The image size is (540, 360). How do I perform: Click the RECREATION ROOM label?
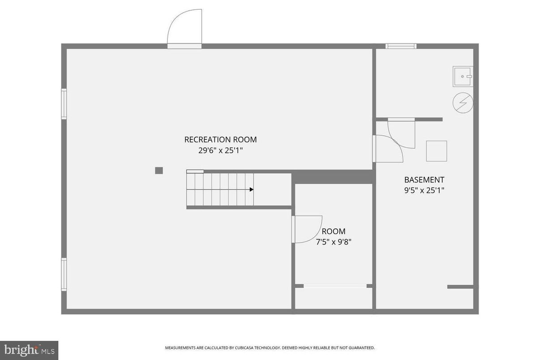tap(220, 140)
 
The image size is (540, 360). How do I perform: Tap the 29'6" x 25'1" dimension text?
tap(220, 150)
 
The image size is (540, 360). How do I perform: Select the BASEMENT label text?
tap(424, 180)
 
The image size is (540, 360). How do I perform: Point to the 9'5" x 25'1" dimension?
tap(424, 190)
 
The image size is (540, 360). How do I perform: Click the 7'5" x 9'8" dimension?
tap(334, 242)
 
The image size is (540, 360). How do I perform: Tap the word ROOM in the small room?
tap(334, 231)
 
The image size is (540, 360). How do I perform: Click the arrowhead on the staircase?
tap(251, 189)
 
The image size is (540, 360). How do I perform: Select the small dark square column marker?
tap(159, 170)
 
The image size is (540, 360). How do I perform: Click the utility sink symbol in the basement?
tap(463, 76)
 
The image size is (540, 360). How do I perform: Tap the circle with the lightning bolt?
tap(463, 103)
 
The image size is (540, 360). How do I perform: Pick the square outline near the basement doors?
tap(436, 151)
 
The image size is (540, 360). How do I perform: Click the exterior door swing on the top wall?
tap(184, 28)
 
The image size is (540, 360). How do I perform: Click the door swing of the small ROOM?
tap(307, 229)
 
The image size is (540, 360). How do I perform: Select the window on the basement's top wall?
tap(401, 46)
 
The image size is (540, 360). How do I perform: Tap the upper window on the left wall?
tap(64, 104)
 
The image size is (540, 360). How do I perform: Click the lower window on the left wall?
tap(64, 274)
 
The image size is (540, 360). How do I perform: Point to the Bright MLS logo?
tap(29, 350)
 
